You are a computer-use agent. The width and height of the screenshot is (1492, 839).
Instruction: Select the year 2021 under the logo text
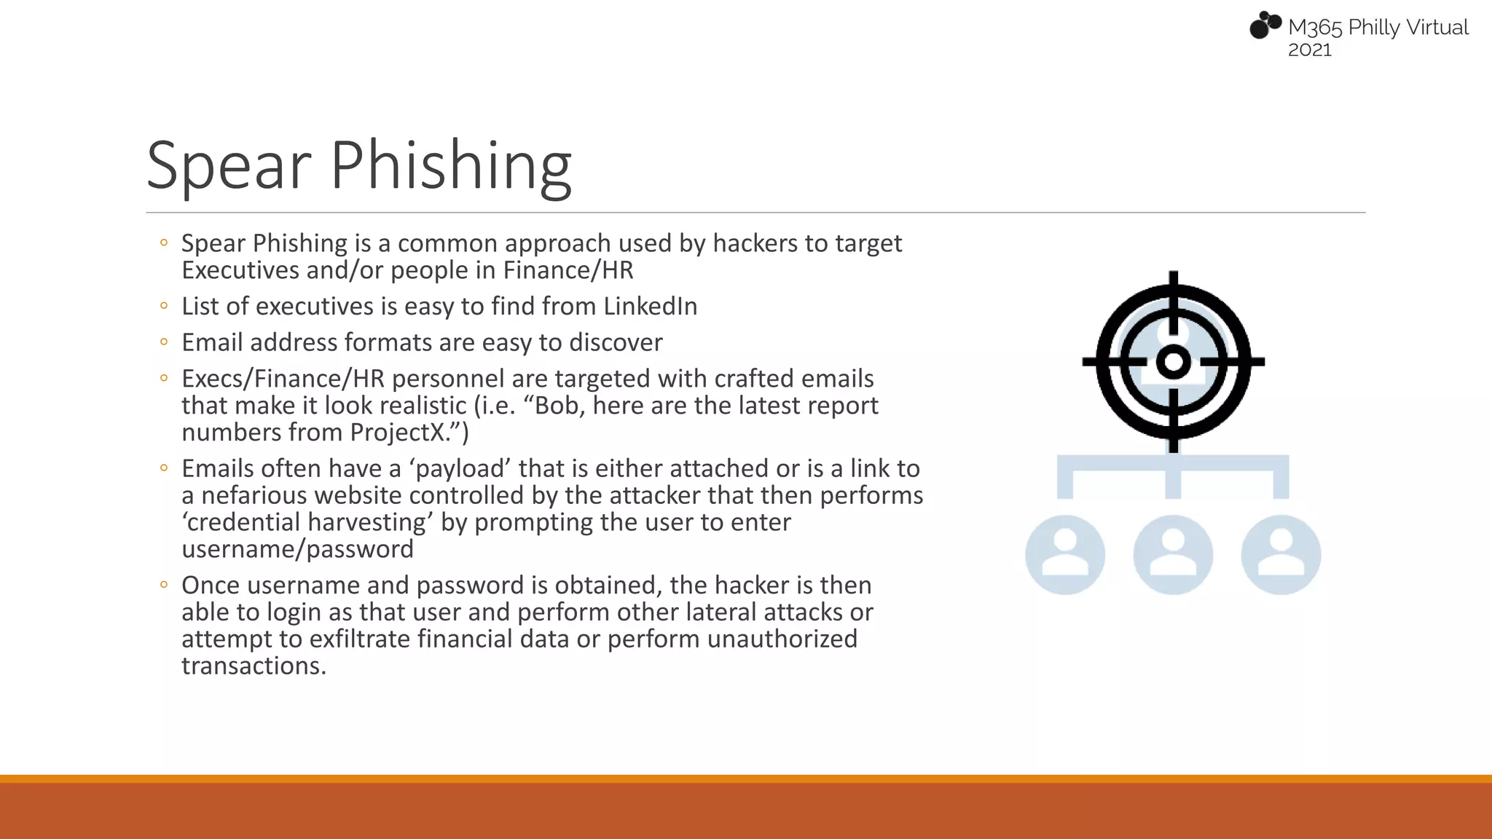pyautogui.click(x=1309, y=50)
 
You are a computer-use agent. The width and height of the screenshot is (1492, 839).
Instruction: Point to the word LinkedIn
pyautogui.click(x=650, y=307)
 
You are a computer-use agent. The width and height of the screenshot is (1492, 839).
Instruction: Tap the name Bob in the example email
pyautogui.click(x=558, y=406)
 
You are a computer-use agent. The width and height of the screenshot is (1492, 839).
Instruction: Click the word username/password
pyautogui.click(x=297, y=549)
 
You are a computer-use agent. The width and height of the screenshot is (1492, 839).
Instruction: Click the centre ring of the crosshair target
pyautogui.click(x=1173, y=361)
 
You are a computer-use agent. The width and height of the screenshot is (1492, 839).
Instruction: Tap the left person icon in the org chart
pyautogui.click(x=1065, y=555)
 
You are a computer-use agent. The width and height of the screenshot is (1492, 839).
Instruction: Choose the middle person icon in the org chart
pyautogui.click(x=1173, y=555)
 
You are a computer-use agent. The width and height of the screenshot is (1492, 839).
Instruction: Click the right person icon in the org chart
pyautogui.click(x=1281, y=555)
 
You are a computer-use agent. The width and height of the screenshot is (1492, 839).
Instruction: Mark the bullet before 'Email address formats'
pyautogui.click(x=164, y=342)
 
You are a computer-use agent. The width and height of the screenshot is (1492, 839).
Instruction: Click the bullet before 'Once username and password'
pyautogui.click(x=164, y=584)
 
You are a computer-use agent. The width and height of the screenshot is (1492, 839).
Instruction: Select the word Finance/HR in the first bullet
pyautogui.click(x=568, y=271)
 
